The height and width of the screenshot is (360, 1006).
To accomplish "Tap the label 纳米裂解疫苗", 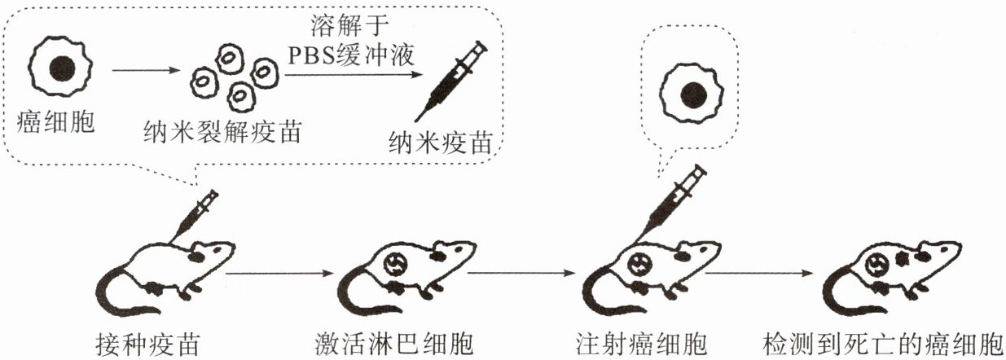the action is tap(221, 130).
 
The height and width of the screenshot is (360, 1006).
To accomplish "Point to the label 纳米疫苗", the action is tap(441, 143).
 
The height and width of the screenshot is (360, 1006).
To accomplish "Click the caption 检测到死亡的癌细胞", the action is tap(883, 341).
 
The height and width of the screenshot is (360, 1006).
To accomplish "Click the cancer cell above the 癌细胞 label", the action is tap(55, 67).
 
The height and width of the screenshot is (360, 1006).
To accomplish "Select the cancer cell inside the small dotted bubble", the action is tap(692, 90).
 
